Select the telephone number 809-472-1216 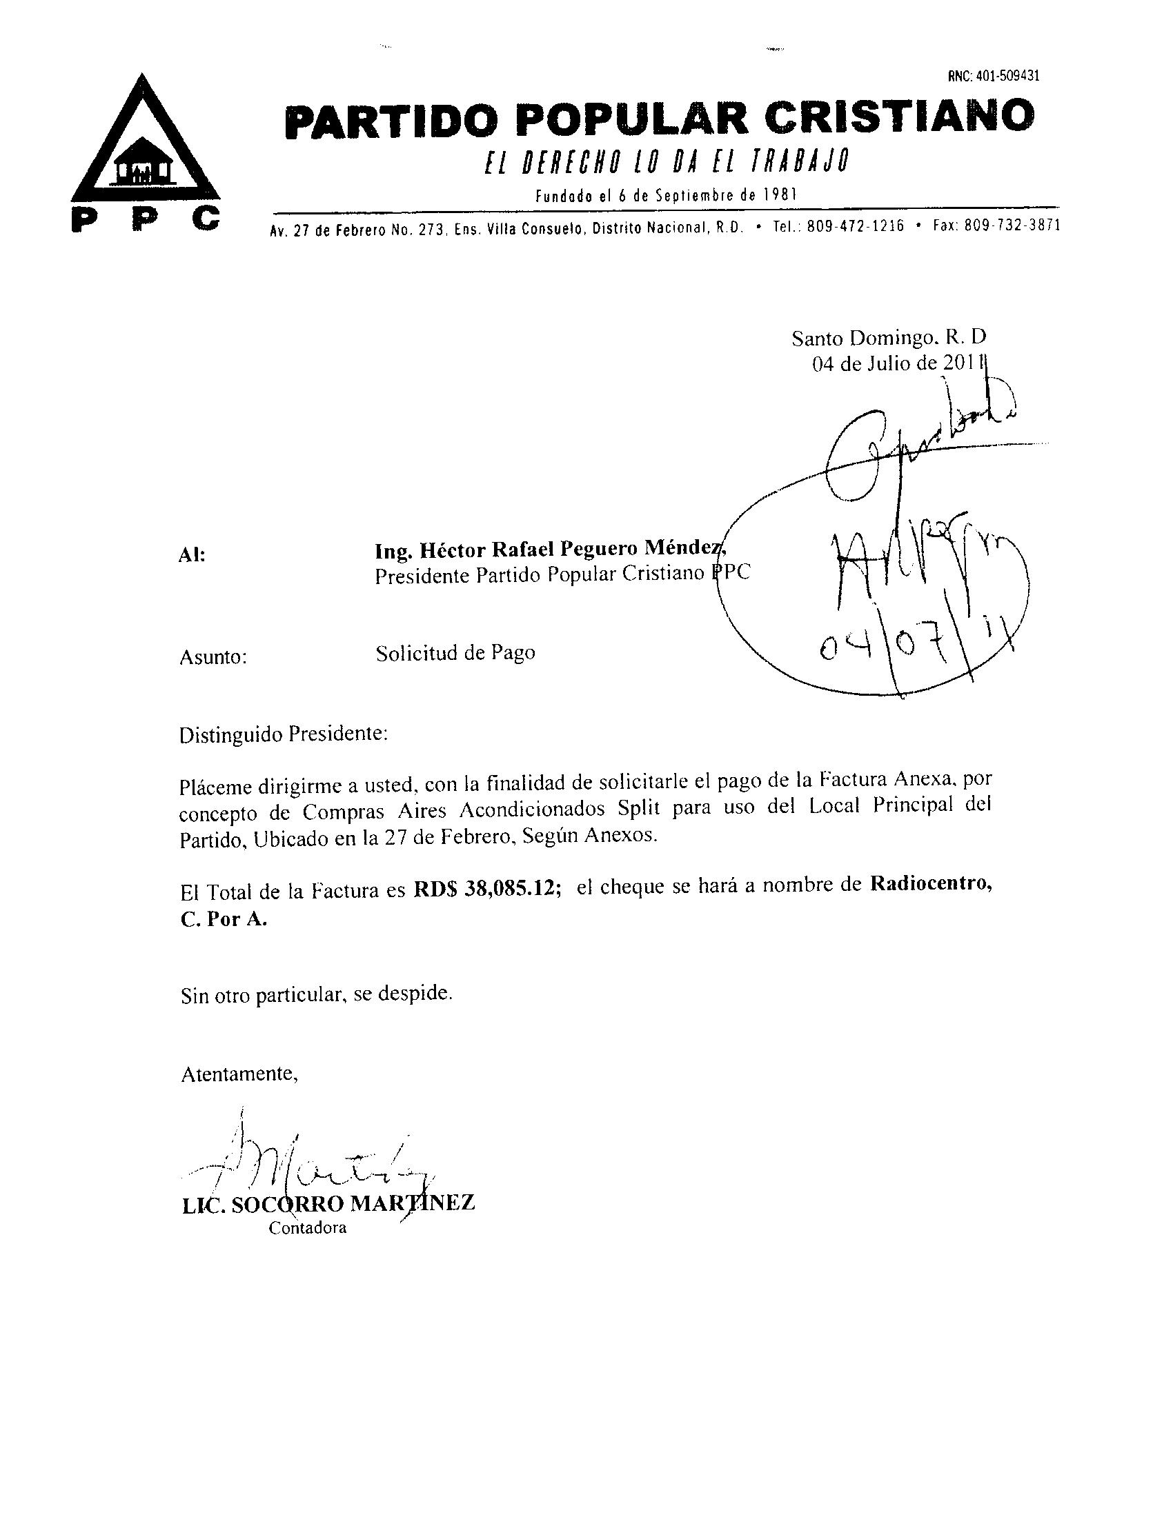coord(855,226)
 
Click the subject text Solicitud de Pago coord(455,653)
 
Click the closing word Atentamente coord(239,1074)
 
